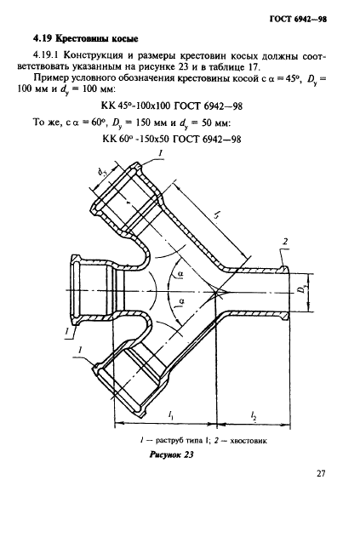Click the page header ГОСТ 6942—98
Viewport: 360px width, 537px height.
(x=298, y=20)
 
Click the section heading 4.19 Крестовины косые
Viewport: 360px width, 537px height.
(x=86, y=39)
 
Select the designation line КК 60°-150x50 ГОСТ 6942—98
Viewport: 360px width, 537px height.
(x=172, y=139)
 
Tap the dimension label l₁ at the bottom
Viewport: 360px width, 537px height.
(x=170, y=415)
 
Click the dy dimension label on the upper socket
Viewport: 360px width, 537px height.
(x=102, y=174)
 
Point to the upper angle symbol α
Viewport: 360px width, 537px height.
(x=181, y=273)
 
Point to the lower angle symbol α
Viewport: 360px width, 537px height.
(x=181, y=301)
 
